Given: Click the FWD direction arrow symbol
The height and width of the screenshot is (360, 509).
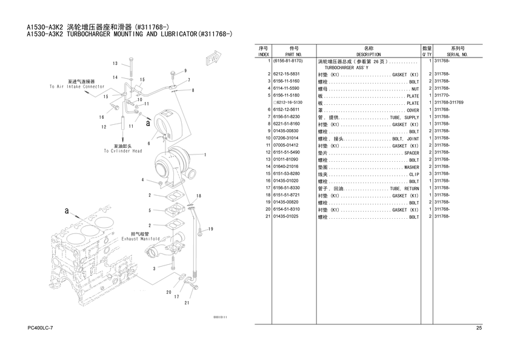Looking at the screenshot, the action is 213,58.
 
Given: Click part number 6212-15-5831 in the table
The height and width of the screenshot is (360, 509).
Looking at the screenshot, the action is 286,74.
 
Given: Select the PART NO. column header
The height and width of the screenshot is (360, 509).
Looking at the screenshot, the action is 294,55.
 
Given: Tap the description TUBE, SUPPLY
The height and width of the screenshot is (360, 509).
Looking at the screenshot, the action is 405,117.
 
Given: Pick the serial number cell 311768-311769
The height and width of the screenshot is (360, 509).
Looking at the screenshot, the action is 449,102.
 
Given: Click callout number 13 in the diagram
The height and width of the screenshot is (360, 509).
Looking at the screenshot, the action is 115,63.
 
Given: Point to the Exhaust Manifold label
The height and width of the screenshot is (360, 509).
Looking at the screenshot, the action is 141,239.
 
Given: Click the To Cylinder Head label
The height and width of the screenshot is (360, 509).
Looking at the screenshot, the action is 123,151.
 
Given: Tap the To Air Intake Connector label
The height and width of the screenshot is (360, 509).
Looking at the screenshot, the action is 77,87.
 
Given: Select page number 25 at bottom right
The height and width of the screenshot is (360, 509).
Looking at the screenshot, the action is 479,328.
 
